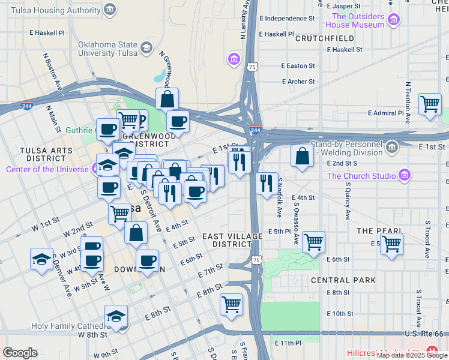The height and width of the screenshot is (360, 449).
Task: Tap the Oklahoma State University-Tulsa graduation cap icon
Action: [x=146, y=47]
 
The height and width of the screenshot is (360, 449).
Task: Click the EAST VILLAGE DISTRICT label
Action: [x=232, y=240]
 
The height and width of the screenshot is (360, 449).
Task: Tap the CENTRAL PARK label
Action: [x=343, y=280]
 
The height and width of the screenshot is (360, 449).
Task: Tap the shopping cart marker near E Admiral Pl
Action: [x=430, y=103]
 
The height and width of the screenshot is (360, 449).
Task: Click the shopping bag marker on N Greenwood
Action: [x=167, y=98]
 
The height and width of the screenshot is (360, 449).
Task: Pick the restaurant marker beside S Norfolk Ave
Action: [x=267, y=182]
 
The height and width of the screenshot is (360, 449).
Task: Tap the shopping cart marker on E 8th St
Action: [x=231, y=304]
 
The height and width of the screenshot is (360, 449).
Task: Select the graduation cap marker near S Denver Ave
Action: [x=41, y=259]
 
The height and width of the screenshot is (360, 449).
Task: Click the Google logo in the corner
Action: [x=20, y=353]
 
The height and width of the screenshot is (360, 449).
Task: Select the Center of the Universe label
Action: [x=48, y=169]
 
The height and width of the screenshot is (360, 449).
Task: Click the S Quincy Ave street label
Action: [x=347, y=203]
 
